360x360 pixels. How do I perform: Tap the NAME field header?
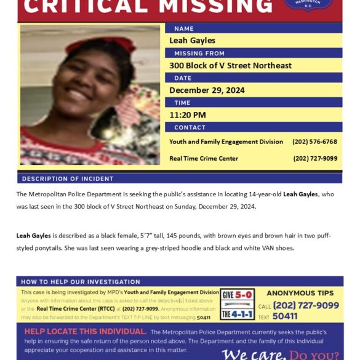click(183, 28)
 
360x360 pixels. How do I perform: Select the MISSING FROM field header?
click(199, 54)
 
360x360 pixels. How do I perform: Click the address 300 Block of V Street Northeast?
click(230, 65)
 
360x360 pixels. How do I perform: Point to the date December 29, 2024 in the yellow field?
click(207, 90)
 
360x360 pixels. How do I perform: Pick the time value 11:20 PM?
click(188, 114)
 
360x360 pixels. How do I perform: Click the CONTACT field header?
click(190, 127)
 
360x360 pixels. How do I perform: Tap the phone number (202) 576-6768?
click(314, 142)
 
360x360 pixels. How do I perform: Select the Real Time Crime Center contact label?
click(204, 158)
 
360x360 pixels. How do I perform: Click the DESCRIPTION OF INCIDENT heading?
click(68, 178)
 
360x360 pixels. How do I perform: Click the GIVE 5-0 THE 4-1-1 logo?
click(237, 304)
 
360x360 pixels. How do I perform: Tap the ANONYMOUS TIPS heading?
click(300, 293)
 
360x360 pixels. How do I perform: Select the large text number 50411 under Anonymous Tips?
click(286, 316)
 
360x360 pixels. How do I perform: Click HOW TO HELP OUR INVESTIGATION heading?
click(81, 282)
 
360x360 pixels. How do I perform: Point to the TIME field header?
click(182, 103)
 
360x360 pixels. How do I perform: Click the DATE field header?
click(183, 78)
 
